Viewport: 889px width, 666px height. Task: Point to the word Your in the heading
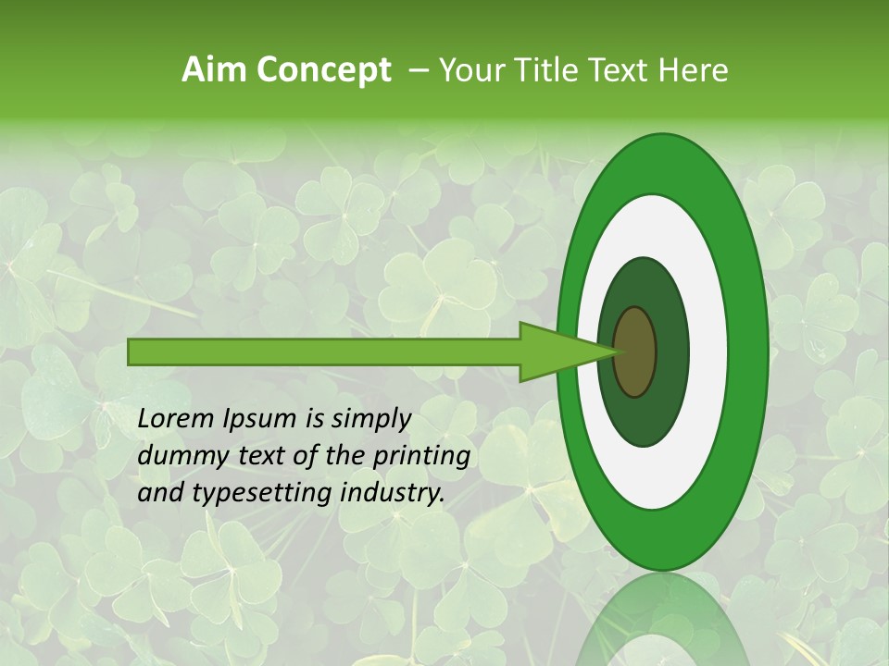point(470,70)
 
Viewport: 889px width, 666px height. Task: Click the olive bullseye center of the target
point(635,352)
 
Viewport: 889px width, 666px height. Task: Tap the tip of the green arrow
point(615,351)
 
